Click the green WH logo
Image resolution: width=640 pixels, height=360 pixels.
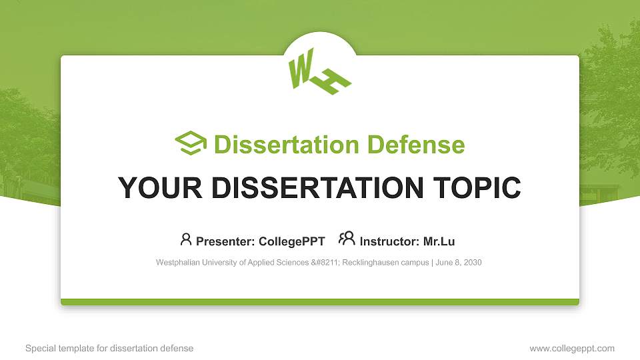[319, 73]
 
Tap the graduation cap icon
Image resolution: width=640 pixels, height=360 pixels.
[191, 143]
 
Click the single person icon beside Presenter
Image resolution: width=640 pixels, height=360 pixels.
[186, 239]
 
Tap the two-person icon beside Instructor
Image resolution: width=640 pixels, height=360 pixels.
[347, 239]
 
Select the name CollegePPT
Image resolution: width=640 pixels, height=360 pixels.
[291, 241]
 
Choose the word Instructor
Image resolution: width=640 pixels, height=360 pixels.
[389, 241]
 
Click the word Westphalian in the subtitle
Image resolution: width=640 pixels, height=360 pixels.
[177, 263]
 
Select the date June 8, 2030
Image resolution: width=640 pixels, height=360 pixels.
[459, 263]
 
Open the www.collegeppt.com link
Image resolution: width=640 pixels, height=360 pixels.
[572, 349]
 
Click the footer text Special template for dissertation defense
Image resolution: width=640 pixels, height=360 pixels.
[109, 349]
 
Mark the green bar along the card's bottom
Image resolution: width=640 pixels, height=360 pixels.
[320, 302]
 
